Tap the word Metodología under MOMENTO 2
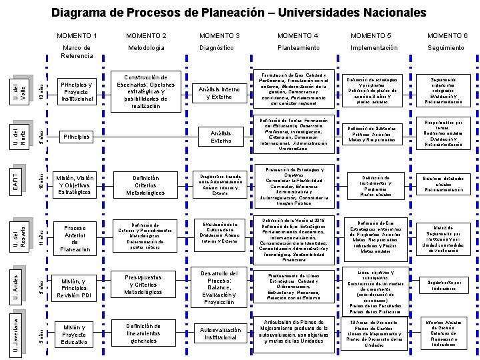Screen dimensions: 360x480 pos(147,48)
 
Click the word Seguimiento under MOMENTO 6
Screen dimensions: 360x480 pos(446,48)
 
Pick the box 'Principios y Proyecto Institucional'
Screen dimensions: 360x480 pos(77,92)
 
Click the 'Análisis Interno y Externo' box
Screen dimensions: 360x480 pos(220,93)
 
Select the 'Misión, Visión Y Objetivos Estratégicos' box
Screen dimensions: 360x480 pos(75,185)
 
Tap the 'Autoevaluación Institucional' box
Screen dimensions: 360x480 pos(220,333)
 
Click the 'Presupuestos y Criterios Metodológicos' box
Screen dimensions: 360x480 pos(145,285)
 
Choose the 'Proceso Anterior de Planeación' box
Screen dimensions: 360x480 pos(75,239)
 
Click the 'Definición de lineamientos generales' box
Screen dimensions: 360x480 pos(145,333)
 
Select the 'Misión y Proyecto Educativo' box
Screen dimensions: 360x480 pos(75,335)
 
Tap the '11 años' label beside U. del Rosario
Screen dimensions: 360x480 pos(41,237)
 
